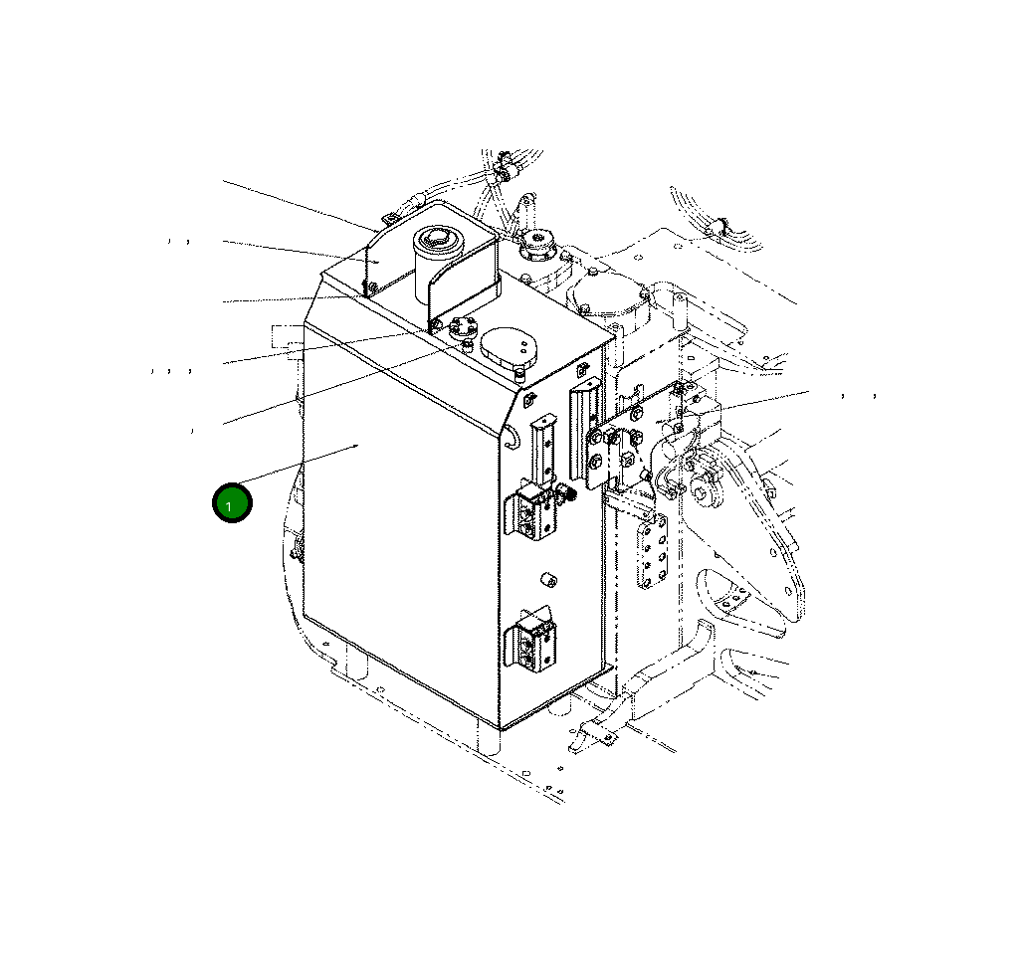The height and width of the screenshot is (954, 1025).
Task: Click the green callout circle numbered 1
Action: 232,503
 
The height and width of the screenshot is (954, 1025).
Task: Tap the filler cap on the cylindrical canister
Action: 436,238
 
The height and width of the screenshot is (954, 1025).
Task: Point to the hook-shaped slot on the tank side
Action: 512,436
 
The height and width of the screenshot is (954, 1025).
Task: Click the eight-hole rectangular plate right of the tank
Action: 652,552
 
